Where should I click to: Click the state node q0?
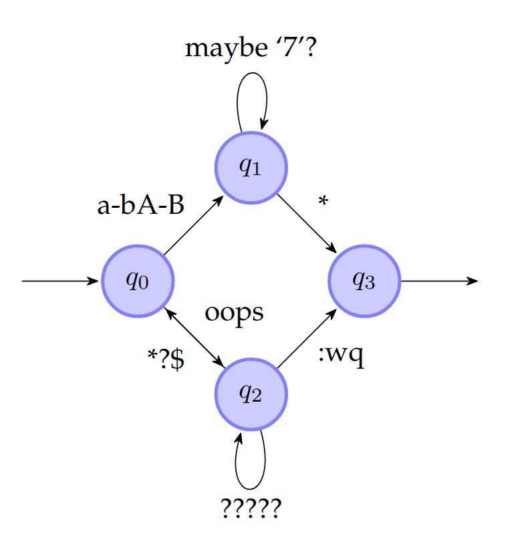tap(138, 281)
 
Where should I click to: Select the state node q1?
tap(251, 168)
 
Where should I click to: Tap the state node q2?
tap(251, 394)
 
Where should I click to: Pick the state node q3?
tap(364, 281)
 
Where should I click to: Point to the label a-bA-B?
tap(140, 206)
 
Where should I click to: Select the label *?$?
tap(166, 359)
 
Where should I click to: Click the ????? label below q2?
tap(251, 510)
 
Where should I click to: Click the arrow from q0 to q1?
tap(194, 225)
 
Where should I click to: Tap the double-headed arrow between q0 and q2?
tap(194, 338)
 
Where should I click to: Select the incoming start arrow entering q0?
tap(60, 281)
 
